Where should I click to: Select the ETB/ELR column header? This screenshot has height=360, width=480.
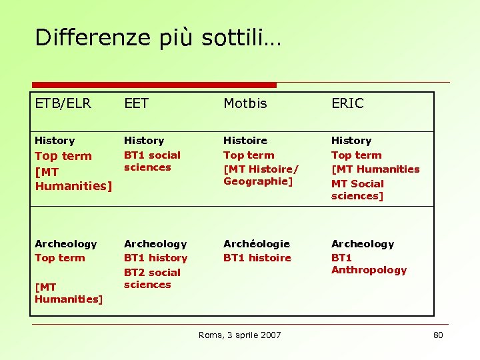pos(63,103)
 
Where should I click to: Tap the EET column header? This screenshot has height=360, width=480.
pos(136,103)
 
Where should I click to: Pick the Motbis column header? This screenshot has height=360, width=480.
pos(245,103)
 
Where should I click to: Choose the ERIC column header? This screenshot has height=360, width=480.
pos(347,103)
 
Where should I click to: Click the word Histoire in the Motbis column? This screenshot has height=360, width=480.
pos(245,141)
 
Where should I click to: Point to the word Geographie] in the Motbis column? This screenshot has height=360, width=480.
pos(258,181)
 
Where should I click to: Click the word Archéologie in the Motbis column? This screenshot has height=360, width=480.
pos(256,244)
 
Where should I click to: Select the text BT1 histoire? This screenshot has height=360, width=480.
pos(257,258)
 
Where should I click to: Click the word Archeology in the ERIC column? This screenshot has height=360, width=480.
pos(363,244)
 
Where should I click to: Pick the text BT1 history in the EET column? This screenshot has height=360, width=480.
pos(155,258)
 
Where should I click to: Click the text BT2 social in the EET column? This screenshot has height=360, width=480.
pos(152,273)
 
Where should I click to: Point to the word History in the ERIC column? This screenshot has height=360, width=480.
pos(351,141)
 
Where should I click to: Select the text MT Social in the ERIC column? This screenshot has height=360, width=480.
pos(357,184)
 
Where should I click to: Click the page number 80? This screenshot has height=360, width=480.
pos(438,335)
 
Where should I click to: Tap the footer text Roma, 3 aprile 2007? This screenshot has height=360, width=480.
pos(239,335)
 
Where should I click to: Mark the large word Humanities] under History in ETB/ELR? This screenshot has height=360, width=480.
pos(73,186)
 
